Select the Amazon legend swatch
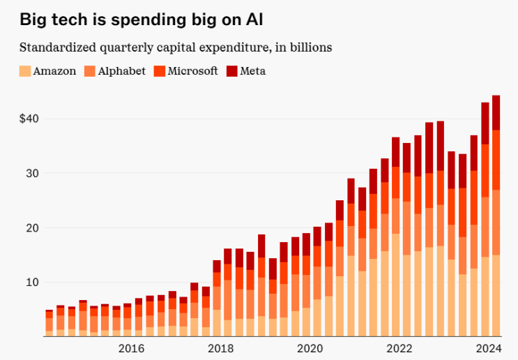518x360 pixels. pos(25,70)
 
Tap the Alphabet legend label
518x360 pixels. pos(122,70)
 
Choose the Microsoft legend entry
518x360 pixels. pos(192,70)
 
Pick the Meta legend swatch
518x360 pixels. pos(233,70)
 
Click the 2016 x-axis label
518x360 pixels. pos(131,348)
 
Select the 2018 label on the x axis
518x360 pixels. pos(221,348)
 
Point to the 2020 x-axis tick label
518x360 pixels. pos(310,348)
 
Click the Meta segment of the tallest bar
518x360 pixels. pos(496,112)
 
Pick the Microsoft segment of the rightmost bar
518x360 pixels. pos(496,160)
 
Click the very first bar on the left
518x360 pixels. pos(49,324)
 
